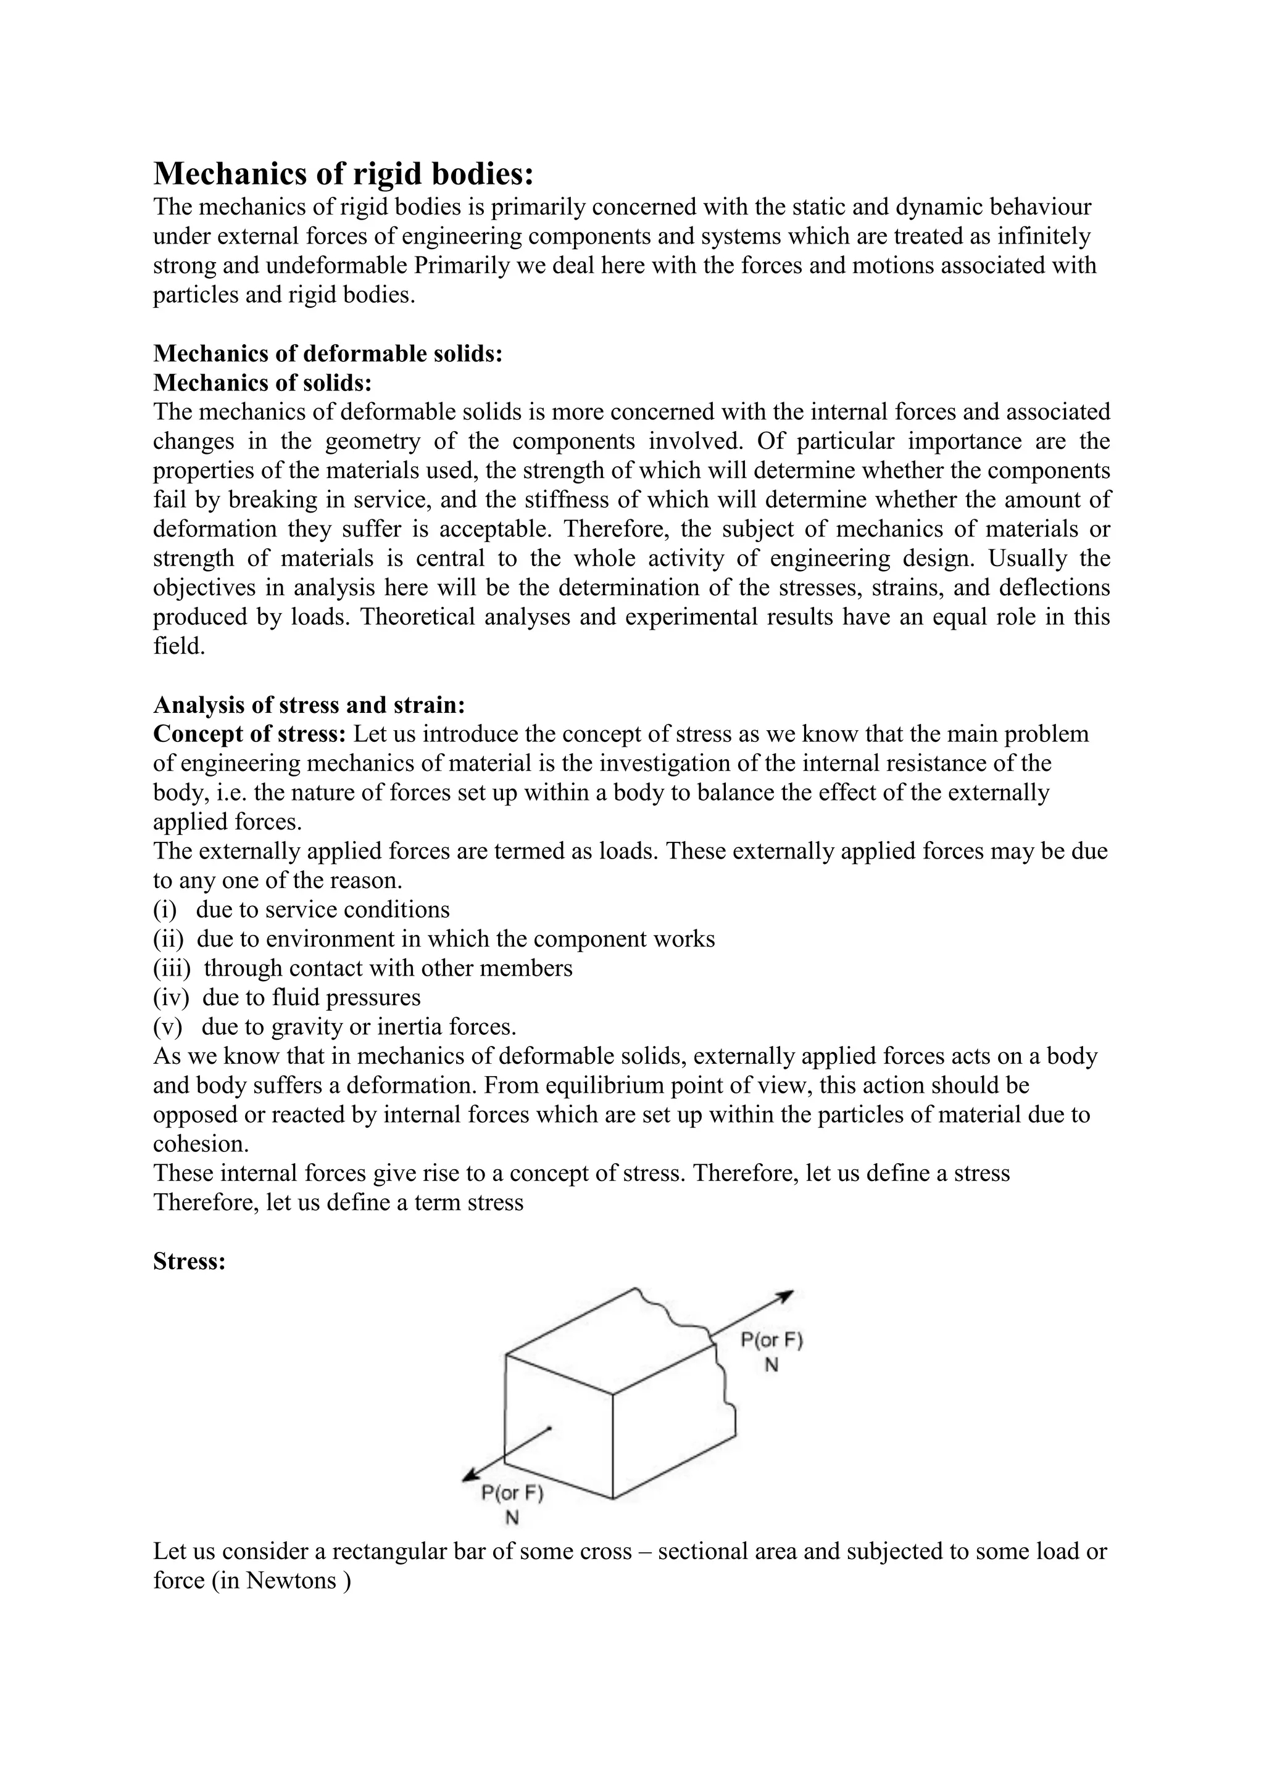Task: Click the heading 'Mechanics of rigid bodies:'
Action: pyautogui.click(x=343, y=173)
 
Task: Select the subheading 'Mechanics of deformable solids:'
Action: pyautogui.click(x=328, y=353)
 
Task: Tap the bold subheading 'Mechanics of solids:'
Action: pyautogui.click(x=262, y=383)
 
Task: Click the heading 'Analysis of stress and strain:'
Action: pyautogui.click(x=309, y=705)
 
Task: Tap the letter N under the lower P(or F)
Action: pyautogui.click(x=512, y=1518)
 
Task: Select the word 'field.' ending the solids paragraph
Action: pyautogui.click(x=179, y=646)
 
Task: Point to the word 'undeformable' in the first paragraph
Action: pyautogui.click(x=337, y=265)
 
